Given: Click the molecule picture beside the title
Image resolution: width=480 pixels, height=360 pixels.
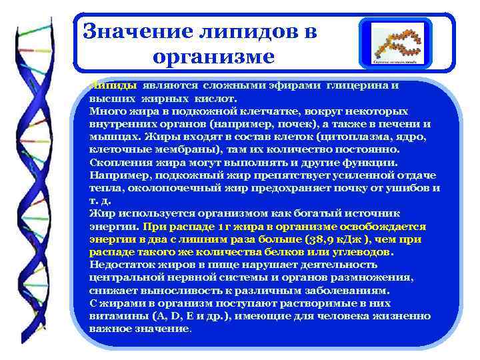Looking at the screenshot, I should click(395, 44).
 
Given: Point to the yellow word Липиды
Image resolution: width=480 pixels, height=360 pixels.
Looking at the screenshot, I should click(112, 86).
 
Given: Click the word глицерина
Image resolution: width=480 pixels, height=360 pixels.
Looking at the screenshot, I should click(361, 86).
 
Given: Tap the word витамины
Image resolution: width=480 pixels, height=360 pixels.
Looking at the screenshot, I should click(113, 316).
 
